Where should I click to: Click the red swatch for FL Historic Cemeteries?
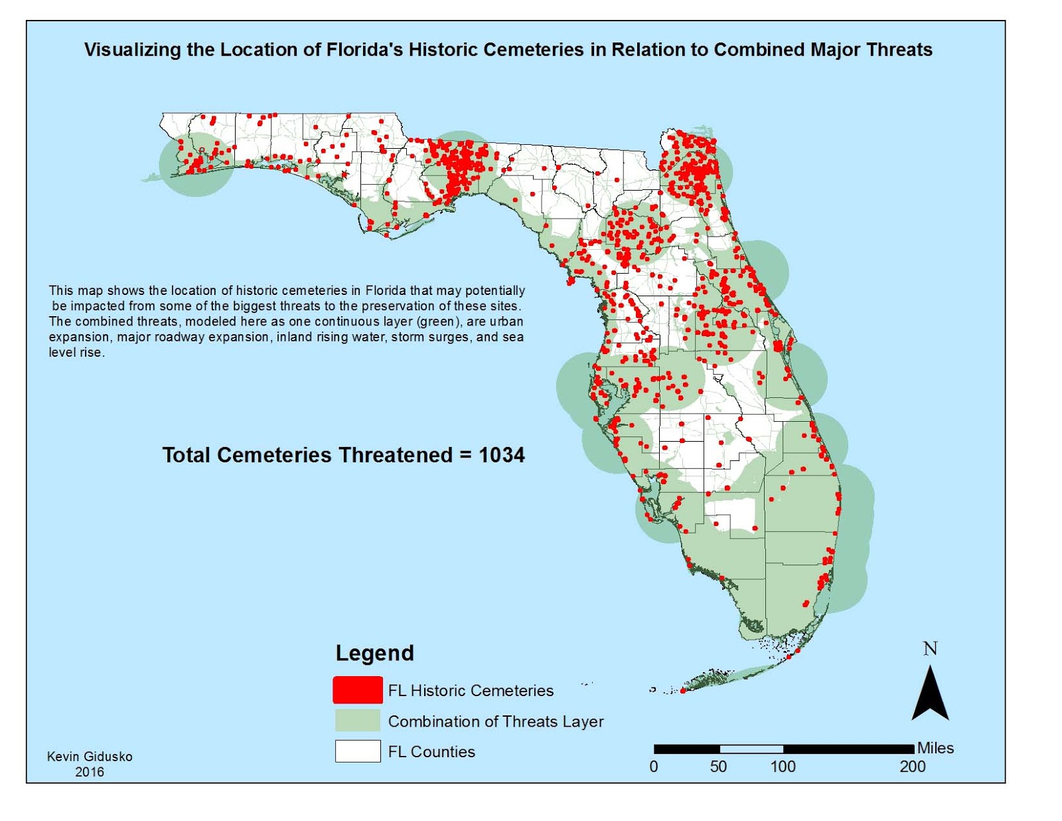click(357, 690)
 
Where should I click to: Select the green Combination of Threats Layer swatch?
click(357, 721)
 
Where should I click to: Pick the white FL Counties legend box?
click(357, 751)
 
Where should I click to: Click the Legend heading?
click(374, 653)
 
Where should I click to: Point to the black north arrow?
click(930, 697)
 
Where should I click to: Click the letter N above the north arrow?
click(930, 648)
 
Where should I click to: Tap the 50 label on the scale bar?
click(718, 767)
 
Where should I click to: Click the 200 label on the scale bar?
click(912, 767)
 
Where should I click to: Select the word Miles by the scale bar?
click(935, 748)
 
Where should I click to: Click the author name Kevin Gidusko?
click(90, 757)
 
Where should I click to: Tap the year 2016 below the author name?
click(90, 772)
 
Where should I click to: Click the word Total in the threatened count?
click(187, 455)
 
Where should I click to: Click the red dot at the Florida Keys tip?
click(682, 690)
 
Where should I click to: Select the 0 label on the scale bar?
click(654, 767)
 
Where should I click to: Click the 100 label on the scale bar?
click(783, 767)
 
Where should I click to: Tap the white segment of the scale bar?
click(751, 749)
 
